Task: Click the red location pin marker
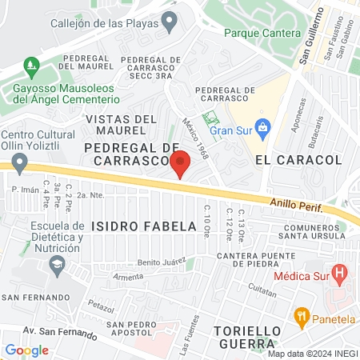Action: pos(181,162)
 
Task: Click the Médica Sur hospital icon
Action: pos(340,273)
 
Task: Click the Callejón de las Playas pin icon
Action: pos(169,23)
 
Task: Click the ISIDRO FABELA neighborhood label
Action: pos(143,226)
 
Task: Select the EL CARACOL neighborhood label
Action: pos(298,160)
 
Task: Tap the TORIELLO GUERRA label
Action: pos(249,337)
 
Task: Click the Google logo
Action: pos(26,350)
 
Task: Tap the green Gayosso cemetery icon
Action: pos(31,64)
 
